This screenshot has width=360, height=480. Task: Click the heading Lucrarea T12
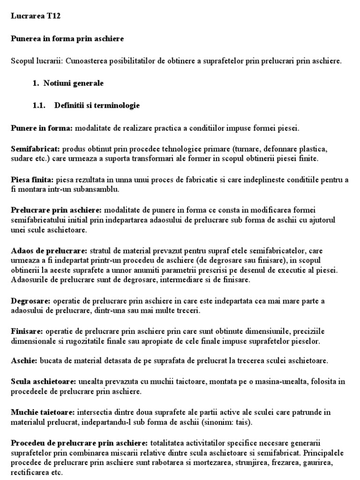click(36, 16)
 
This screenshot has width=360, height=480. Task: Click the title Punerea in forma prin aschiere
click(67, 39)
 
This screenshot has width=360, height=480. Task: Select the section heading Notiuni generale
click(73, 83)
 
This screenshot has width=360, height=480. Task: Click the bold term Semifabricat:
click(35, 149)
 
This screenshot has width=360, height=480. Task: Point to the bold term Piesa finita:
click(32, 180)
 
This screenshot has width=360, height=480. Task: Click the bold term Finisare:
click(27, 331)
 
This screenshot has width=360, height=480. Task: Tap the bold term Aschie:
click(24, 360)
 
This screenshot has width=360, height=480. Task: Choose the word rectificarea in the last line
click(32, 472)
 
